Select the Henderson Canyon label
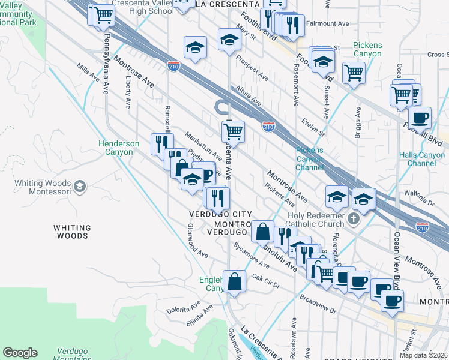(119, 148)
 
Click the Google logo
(20, 353)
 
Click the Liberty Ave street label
(128, 91)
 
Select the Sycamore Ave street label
(252, 256)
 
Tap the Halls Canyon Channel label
(422, 159)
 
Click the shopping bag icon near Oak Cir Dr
(234, 281)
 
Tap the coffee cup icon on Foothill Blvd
(420, 117)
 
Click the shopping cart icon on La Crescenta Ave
(233, 130)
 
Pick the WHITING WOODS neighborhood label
(72, 232)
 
